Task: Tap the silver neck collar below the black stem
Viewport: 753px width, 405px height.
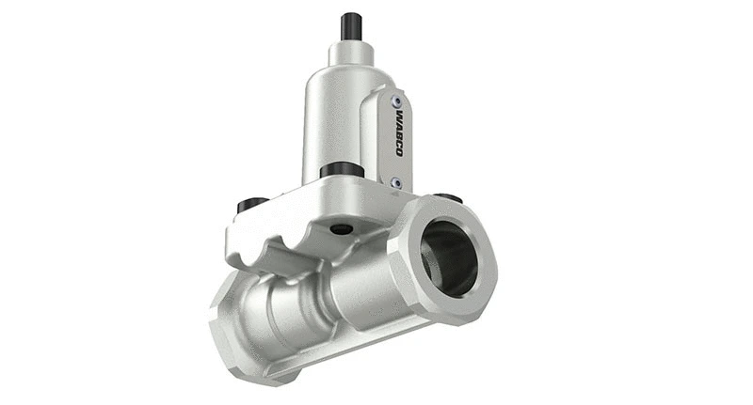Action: pyautogui.click(x=353, y=55)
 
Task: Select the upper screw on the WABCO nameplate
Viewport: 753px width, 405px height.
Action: pyautogui.click(x=396, y=101)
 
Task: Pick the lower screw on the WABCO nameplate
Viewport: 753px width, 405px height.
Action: pyautogui.click(x=397, y=181)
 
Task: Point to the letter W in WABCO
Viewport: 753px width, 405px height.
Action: pyautogui.click(x=398, y=117)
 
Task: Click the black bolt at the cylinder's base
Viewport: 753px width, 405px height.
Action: pyautogui.click(x=342, y=170)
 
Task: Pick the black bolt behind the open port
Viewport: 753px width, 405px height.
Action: pyautogui.click(x=450, y=197)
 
